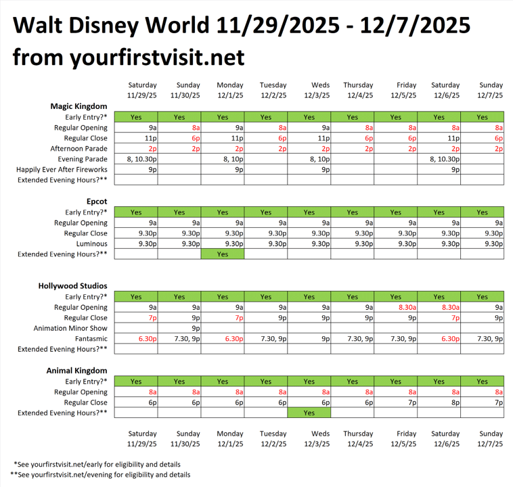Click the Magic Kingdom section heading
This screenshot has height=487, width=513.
coord(79,106)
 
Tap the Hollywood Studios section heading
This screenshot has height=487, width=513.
coord(72,286)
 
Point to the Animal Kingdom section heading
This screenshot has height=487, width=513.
coord(76,371)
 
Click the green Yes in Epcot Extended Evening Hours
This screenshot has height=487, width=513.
coord(223,254)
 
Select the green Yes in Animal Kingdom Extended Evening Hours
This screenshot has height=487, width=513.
coord(309,413)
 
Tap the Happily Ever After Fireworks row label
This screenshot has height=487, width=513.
coord(62,170)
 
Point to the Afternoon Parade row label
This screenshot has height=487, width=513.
coord(79,149)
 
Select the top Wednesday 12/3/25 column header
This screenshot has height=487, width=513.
coord(309,91)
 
